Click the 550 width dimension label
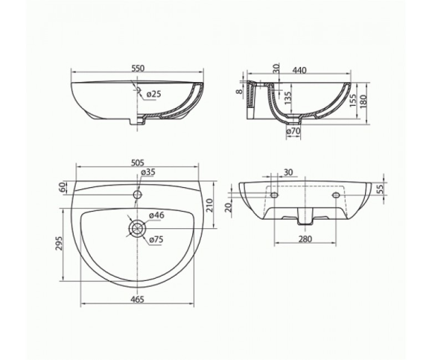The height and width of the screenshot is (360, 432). [138, 68]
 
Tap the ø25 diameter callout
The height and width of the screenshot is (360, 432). [153, 94]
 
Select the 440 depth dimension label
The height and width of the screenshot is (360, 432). [299, 70]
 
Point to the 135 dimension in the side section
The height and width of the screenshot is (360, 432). [288, 98]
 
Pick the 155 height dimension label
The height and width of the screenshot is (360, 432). [353, 101]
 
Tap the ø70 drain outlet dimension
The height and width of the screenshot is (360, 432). [293, 131]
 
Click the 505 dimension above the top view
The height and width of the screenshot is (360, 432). [138, 162]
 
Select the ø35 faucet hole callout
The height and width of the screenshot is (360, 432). [148, 172]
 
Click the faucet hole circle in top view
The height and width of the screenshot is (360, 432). [138, 195]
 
